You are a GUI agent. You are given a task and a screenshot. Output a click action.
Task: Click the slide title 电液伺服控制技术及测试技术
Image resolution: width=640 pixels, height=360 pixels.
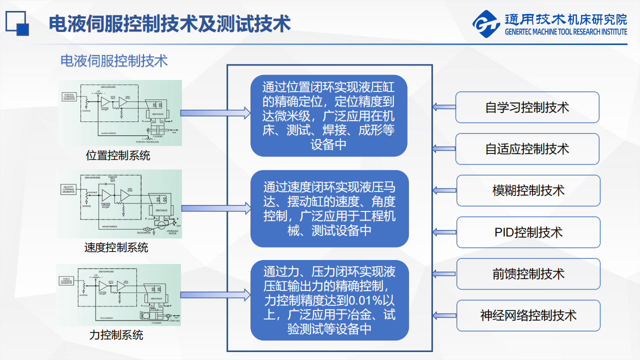click(169, 23)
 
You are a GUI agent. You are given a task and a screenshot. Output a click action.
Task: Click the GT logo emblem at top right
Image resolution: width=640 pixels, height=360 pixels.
click(486, 24)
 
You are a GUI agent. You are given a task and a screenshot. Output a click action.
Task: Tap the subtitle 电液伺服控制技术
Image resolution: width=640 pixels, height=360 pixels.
click(114, 61)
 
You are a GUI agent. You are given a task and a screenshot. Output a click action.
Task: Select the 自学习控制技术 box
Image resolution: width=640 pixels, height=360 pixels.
click(527, 107)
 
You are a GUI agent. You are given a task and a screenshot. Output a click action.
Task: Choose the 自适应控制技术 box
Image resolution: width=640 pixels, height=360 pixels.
click(527, 149)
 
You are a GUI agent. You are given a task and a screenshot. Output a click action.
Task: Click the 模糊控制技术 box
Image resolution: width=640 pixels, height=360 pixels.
click(528, 190)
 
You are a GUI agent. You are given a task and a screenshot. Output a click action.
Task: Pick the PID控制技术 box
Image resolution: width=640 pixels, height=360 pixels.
click(528, 232)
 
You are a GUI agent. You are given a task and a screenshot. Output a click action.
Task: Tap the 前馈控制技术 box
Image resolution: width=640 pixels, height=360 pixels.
click(528, 274)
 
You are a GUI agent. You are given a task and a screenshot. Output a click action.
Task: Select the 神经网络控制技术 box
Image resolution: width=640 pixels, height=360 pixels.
click(528, 315)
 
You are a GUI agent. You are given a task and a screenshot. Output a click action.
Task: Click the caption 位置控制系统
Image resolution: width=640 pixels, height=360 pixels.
click(118, 155)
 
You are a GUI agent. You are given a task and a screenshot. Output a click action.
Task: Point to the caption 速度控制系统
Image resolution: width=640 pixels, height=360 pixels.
click(116, 247)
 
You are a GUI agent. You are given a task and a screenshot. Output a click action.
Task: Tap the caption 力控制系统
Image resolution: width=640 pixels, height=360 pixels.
click(116, 334)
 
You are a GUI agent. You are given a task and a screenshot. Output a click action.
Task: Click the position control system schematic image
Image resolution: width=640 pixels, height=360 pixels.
click(120, 113)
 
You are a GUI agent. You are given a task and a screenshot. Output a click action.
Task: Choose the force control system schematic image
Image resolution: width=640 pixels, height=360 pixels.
click(118, 294)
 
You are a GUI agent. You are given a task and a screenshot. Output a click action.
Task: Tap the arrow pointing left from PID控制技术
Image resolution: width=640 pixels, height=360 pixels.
click(444, 232)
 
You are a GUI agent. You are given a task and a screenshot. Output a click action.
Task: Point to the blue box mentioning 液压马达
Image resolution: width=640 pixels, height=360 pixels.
click(329, 209)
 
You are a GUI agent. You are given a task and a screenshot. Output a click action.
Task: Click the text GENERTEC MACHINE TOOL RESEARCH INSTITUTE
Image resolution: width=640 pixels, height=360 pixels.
click(565, 31)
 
